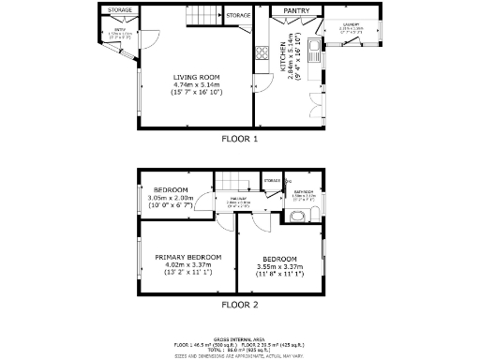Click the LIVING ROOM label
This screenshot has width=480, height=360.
[x=196, y=77]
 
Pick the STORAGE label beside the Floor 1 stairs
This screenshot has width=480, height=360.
[x=238, y=16]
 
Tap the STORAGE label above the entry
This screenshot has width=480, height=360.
[x=119, y=10]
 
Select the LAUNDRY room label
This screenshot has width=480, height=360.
[x=351, y=24]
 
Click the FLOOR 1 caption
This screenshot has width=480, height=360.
[x=238, y=139]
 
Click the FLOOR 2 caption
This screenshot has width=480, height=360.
[x=238, y=305]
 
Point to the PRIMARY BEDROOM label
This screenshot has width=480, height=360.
[x=188, y=257]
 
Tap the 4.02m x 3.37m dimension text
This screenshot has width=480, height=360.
[x=188, y=265]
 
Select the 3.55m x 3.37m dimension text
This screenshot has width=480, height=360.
[x=279, y=267]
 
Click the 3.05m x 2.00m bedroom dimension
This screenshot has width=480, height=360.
[x=171, y=198]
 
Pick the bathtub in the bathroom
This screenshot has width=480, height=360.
[x=297, y=217]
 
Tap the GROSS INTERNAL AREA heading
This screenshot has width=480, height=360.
[x=238, y=338]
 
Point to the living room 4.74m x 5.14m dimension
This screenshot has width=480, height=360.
[x=196, y=84]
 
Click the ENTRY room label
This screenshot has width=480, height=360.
[x=120, y=31]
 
